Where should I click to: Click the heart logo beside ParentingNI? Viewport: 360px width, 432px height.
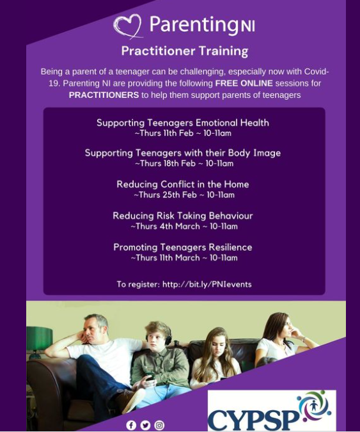click(128, 26)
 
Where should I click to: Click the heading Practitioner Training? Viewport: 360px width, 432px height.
click(185, 51)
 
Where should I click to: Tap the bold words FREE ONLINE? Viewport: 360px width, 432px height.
click(244, 83)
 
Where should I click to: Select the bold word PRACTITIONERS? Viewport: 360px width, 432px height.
click(104, 95)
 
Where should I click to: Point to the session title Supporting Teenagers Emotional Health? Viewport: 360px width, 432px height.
click(183, 123)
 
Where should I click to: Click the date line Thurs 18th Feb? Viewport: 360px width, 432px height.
click(184, 163)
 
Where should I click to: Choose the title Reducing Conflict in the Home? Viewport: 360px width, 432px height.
click(183, 184)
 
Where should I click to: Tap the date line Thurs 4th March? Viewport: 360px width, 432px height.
click(184, 227)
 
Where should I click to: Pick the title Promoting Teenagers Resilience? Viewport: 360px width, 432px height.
click(183, 247)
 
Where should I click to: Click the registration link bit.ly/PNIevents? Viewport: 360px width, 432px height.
click(207, 284)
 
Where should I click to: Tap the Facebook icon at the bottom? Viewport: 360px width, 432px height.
click(131, 425)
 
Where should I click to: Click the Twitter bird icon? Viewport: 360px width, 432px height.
click(145, 425)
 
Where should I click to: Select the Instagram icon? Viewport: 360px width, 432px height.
click(159, 425)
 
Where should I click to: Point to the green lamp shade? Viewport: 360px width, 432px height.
click(39, 338)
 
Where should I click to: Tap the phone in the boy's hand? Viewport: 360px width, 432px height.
click(150, 376)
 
